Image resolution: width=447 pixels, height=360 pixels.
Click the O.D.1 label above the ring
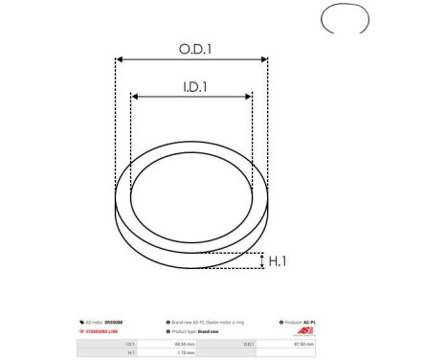(x=191, y=48)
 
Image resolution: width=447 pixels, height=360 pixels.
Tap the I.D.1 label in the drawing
(x=191, y=85)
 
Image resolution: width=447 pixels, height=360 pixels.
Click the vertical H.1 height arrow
(x=262, y=260)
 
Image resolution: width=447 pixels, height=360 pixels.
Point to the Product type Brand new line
(x=201, y=331)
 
